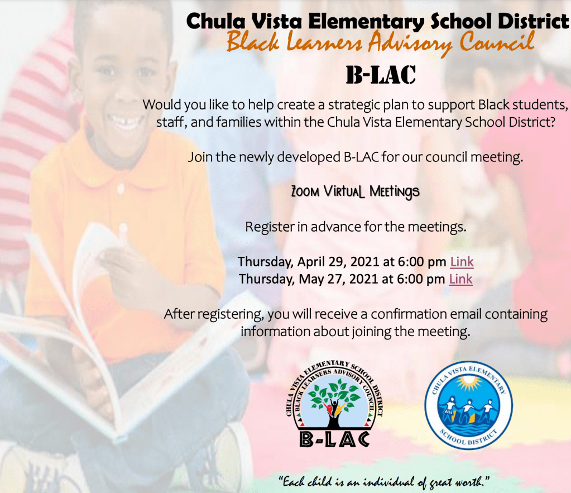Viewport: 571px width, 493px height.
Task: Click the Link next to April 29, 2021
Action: coord(462,261)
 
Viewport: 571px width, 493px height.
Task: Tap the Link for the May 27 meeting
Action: coord(460,279)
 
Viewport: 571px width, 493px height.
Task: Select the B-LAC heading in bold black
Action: coord(381,75)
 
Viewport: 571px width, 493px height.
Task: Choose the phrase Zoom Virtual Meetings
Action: coord(355,192)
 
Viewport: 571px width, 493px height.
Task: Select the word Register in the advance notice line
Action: coord(266,227)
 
